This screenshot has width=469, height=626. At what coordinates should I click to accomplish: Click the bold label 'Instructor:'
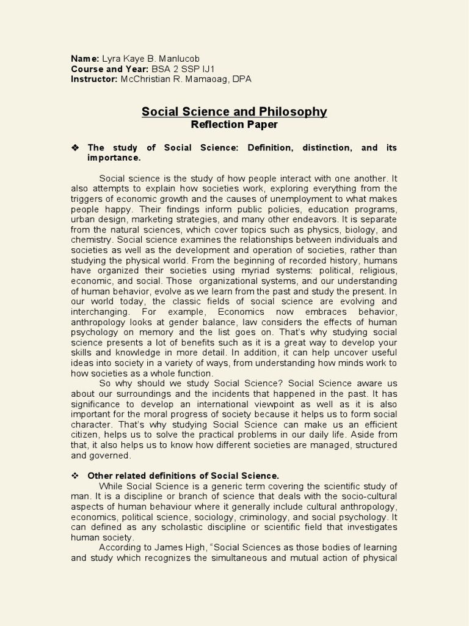tap(94, 79)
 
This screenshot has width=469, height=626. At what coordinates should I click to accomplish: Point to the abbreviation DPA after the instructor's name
tap(241, 79)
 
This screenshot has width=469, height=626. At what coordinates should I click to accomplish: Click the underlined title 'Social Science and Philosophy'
tap(234, 112)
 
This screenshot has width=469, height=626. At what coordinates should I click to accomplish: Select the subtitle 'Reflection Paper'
tap(234, 125)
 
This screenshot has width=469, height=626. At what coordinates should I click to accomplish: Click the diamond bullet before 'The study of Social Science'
tap(76, 148)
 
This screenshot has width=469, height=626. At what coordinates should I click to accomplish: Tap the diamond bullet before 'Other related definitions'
tap(76, 476)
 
